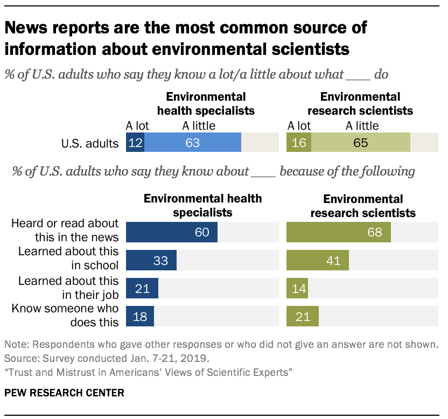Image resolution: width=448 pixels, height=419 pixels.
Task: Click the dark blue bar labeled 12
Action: pyautogui.click(x=135, y=143)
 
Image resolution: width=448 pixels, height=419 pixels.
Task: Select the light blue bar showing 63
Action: pyautogui.click(x=193, y=143)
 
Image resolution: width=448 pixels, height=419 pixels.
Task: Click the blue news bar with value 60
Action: pyautogui.click(x=171, y=233)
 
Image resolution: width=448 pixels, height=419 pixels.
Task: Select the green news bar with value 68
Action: pyautogui.click(x=338, y=233)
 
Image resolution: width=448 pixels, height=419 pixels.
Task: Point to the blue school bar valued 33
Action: pyautogui.click(x=151, y=260)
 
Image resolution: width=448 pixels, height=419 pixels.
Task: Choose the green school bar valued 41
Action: pyautogui.click(x=317, y=260)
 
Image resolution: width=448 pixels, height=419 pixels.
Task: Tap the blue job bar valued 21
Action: pyautogui.click(x=142, y=288)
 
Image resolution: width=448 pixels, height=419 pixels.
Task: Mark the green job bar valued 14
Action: pyautogui.click(x=297, y=288)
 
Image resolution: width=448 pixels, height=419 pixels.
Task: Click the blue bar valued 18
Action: pyautogui.click(x=139, y=316)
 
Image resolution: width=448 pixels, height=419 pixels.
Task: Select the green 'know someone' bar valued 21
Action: pyautogui.click(x=302, y=316)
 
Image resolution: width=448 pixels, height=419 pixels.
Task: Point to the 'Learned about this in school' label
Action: pyautogui.click(x=68, y=258)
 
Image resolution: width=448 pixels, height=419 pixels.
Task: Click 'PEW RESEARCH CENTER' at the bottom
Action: pyautogui.click(x=64, y=393)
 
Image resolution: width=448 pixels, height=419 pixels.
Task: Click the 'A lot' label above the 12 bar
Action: pyautogui.click(x=137, y=126)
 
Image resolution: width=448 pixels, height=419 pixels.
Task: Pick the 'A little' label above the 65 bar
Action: pyautogui.click(x=362, y=126)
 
